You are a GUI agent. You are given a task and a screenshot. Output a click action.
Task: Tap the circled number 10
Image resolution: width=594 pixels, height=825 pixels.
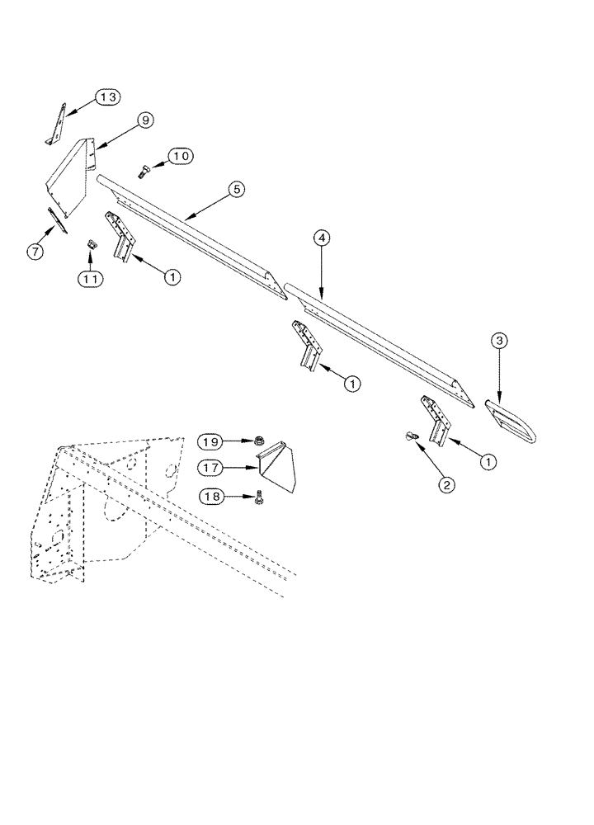[x=181, y=156]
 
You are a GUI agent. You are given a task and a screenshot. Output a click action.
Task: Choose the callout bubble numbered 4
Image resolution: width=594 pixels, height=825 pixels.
[x=323, y=238]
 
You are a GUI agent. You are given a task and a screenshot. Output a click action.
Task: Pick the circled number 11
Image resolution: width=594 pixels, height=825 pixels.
[x=92, y=279]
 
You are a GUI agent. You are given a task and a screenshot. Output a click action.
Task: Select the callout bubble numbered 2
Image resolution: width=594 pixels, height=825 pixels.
[x=446, y=484]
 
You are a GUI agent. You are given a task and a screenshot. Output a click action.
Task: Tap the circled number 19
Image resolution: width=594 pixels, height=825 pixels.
[x=210, y=442]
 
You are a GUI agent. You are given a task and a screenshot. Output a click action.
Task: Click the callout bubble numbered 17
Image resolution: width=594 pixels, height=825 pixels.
[x=210, y=468]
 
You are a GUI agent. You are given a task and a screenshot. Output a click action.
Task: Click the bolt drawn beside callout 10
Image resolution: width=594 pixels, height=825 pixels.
[x=144, y=172]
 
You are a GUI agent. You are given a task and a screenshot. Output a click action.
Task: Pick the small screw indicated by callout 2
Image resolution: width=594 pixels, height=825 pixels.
[x=410, y=437]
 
